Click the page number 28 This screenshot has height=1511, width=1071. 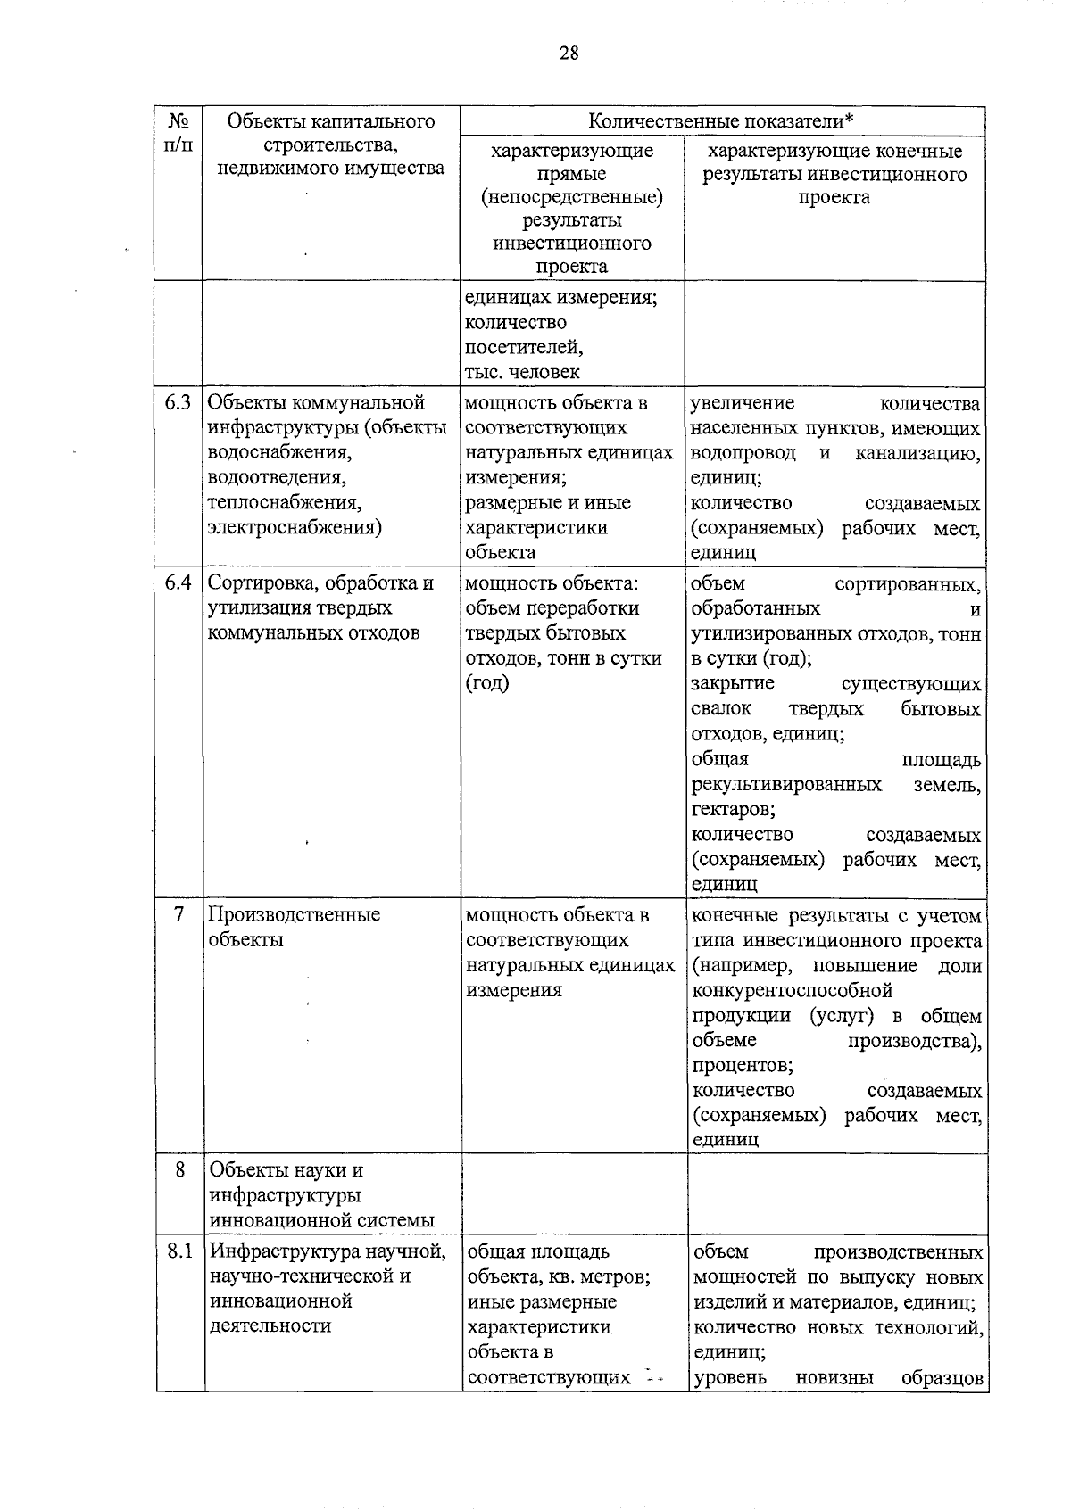point(569,53)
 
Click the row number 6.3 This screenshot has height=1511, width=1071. point(178,402)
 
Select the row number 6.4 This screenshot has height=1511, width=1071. point(178,582)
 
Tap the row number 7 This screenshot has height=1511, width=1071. point(179,914)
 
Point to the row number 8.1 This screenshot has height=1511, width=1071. point(179,1251)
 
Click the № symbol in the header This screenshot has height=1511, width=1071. point(178,120)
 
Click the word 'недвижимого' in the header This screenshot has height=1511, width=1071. point(272,168)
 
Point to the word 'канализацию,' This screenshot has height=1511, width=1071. point(917,453)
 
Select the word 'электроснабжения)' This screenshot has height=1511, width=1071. point(295,527)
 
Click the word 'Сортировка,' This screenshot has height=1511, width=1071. point(257,582)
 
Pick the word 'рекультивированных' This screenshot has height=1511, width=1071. point(786,785)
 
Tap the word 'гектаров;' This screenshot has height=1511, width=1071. point(733,809)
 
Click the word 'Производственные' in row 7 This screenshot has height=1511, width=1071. point(294,914)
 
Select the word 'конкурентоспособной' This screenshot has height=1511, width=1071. point(792,990)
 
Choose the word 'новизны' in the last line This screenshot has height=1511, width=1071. point(834,1377)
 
